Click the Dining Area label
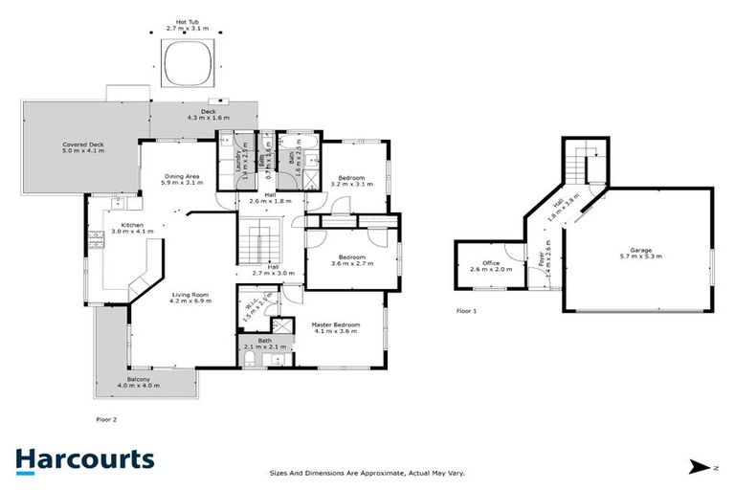tap(181, 180)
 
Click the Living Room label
tap(189, 297)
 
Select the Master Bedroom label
tap(335, 329)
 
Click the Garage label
tap(640, 254)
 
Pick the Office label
tap(491, 266)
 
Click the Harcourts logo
tap(84, 459)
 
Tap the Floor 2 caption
tap(107, 418)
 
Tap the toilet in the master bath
tap(248, 358)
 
